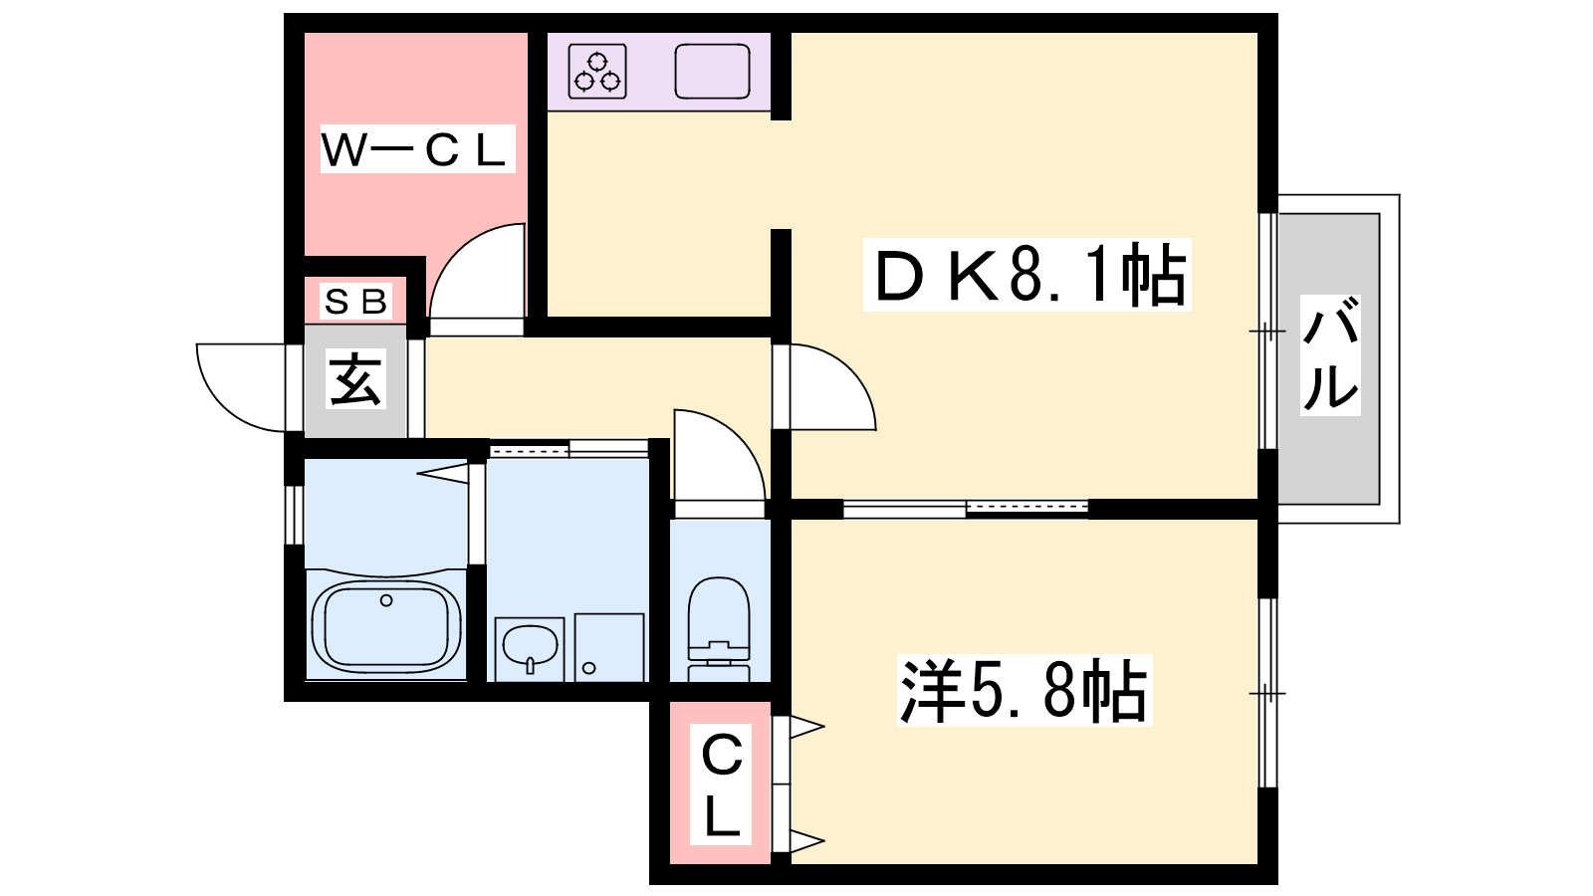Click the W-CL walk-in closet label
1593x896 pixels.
tap(417, 149)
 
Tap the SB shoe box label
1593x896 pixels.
tap(355, 301)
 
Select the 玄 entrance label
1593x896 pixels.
tap(355, 378)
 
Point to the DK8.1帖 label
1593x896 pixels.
tap(1026, 275)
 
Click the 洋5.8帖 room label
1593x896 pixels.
tap(1024, 691)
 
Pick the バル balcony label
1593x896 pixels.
tap(1330, 354)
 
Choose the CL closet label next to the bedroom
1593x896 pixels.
tap(721, 784)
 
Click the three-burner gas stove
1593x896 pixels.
tap(597, 71)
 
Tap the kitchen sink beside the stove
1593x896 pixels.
tap(712, 71)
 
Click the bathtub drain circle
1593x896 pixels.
tap(386, 601)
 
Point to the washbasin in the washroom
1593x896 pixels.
tap(530, 646)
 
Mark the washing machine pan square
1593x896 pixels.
tap(609, 647)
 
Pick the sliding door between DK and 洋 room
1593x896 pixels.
tap(965, 509)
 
